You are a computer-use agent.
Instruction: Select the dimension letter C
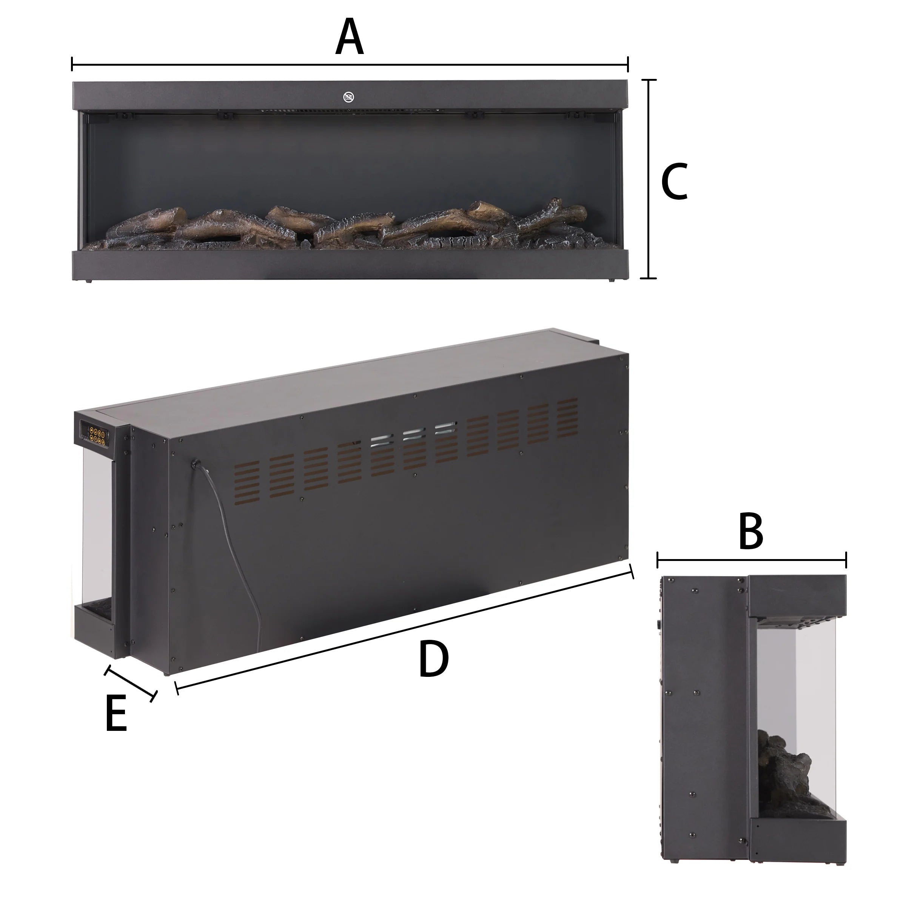pyautogui.click(x=674, y=182)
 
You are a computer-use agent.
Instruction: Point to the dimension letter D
pyautogui.click(x=434, y=660)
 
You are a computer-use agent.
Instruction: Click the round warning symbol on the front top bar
pyautogui.click(x=348, y=97)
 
